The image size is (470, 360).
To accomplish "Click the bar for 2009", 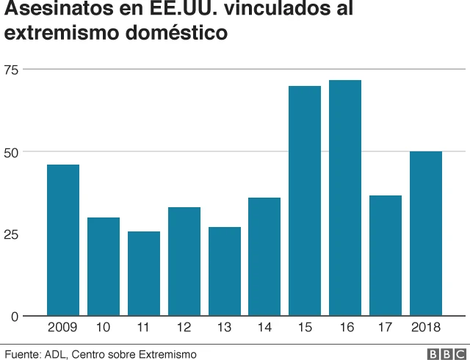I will (x=63, y=240).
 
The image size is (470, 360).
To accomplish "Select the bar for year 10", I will (x=104, y=267).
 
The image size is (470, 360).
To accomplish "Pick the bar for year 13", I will (x=224, y=271).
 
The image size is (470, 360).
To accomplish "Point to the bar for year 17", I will (x=386, y=256).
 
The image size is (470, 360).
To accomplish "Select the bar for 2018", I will (x=426, y=234).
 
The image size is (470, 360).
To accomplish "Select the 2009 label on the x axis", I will (x=63, y=328).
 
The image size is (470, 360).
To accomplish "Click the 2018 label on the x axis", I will (x=426, y=328).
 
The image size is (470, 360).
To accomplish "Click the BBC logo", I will (x=441, y=354).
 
